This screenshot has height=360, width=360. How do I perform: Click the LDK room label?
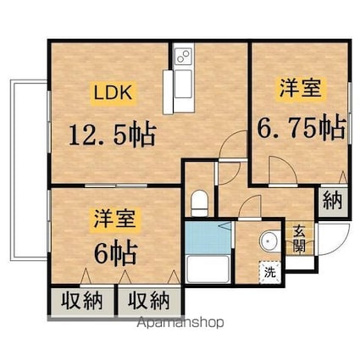[x=113, y=93]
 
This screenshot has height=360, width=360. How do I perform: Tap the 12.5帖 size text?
[x=113, y=135]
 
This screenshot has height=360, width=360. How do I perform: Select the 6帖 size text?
[x=116, y=252]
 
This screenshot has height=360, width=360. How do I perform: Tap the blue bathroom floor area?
[x=208, y=237]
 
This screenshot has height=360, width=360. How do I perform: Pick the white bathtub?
[x=208, y=269]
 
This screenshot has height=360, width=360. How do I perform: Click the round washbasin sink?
[x=269, y=241]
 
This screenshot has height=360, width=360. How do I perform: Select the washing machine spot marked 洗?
[x=270, y=273]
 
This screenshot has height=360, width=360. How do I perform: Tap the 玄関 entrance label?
[x=299, y=239]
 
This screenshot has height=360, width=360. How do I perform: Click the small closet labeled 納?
[x=332, y=200]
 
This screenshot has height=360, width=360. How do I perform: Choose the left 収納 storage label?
[x=82, y=301]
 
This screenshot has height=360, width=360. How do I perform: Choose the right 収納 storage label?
[x=149, y=301]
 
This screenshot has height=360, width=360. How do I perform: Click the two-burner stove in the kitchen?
[x=184, y=56]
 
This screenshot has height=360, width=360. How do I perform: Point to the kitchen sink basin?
[x=183, y=83]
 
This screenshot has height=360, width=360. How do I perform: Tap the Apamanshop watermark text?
[x=180, y=323]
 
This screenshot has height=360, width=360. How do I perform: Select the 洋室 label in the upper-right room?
[x=301, y=89]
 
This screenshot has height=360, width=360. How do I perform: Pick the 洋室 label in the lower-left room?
[x=115, y=219]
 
